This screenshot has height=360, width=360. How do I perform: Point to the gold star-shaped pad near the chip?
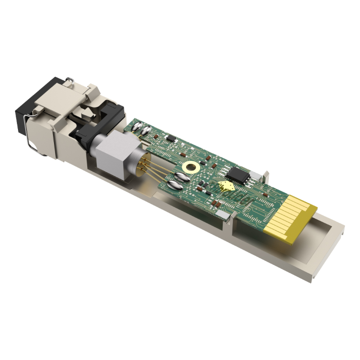click(x=226, y=187)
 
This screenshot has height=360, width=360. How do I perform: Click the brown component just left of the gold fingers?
click(x=269, y=194)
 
